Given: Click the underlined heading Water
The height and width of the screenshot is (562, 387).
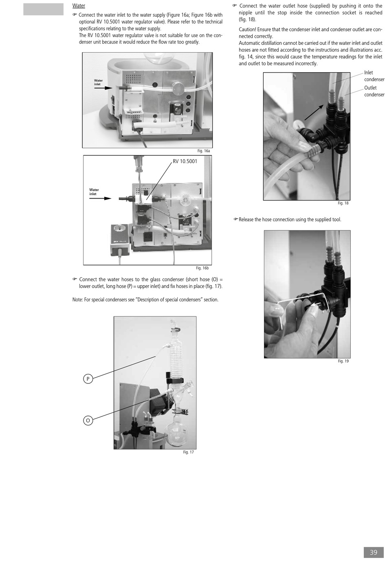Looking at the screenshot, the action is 79,6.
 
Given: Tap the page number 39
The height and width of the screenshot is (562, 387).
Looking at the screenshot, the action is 374,552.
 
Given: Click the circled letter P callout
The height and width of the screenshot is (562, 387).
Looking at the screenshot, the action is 88,378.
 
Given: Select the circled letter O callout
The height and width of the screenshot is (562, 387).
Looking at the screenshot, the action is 88,420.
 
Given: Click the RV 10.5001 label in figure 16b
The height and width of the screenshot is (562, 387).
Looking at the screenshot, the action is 185,162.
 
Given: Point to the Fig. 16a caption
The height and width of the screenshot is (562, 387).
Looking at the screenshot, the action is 204,151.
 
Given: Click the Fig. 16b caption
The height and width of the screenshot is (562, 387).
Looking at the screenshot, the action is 202,268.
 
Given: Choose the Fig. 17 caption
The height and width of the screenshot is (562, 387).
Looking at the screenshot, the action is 188,452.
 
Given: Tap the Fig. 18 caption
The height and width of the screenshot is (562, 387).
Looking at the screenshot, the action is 343,203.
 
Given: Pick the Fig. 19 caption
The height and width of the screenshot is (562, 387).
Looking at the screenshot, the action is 343,361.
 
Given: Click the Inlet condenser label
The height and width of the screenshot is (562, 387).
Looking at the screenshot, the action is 374,76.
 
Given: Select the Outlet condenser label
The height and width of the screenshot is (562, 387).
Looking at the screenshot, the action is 374,91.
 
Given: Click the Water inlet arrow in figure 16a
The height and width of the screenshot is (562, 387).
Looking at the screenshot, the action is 103,88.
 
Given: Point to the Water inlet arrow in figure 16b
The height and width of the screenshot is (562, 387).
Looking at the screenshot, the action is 100,198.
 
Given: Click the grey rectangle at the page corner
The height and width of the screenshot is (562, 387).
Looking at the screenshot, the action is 43,9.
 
